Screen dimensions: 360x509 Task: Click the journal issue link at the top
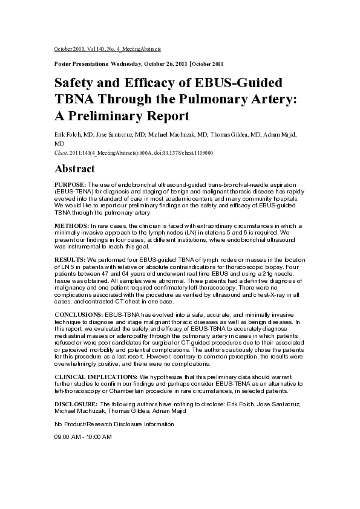coord(108,48)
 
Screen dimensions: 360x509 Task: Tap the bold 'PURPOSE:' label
coord(71,184)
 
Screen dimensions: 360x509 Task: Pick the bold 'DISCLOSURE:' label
coord(76,403)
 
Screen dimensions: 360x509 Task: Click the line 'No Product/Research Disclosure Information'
coord(114,424)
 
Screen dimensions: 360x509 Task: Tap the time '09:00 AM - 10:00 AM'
coord(83,436)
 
